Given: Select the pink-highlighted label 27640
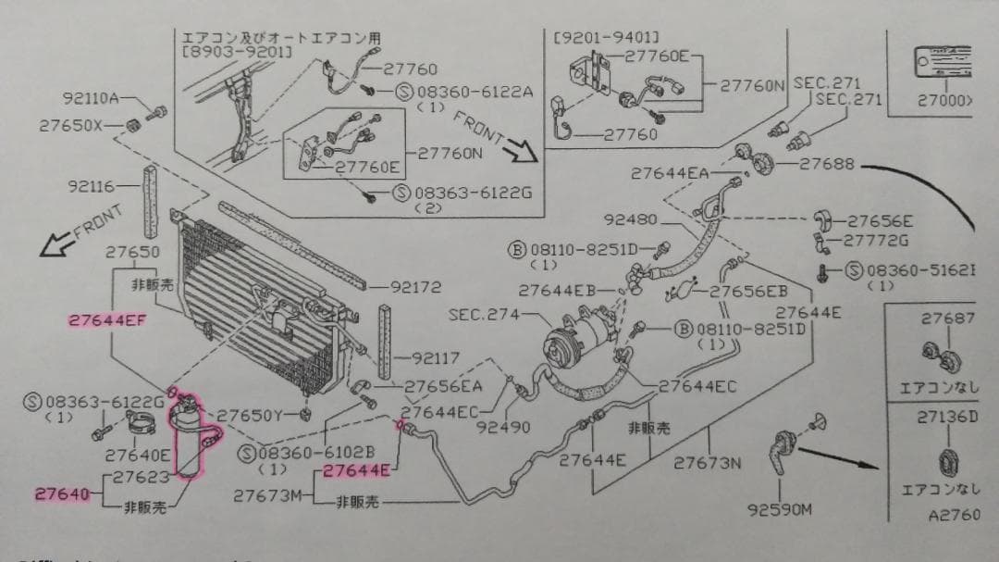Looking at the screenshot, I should [62, 493].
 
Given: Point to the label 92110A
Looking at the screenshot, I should [91, 98].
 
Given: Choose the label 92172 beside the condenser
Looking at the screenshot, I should [415, 287].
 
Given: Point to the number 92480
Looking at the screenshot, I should [630, 220].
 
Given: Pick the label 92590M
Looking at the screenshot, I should [782, 508].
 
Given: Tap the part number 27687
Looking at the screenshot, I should [948, 318].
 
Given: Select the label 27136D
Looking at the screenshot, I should [947, 418].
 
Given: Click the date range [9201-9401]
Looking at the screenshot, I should [606, 37].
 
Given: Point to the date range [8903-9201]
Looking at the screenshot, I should [238, 53].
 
